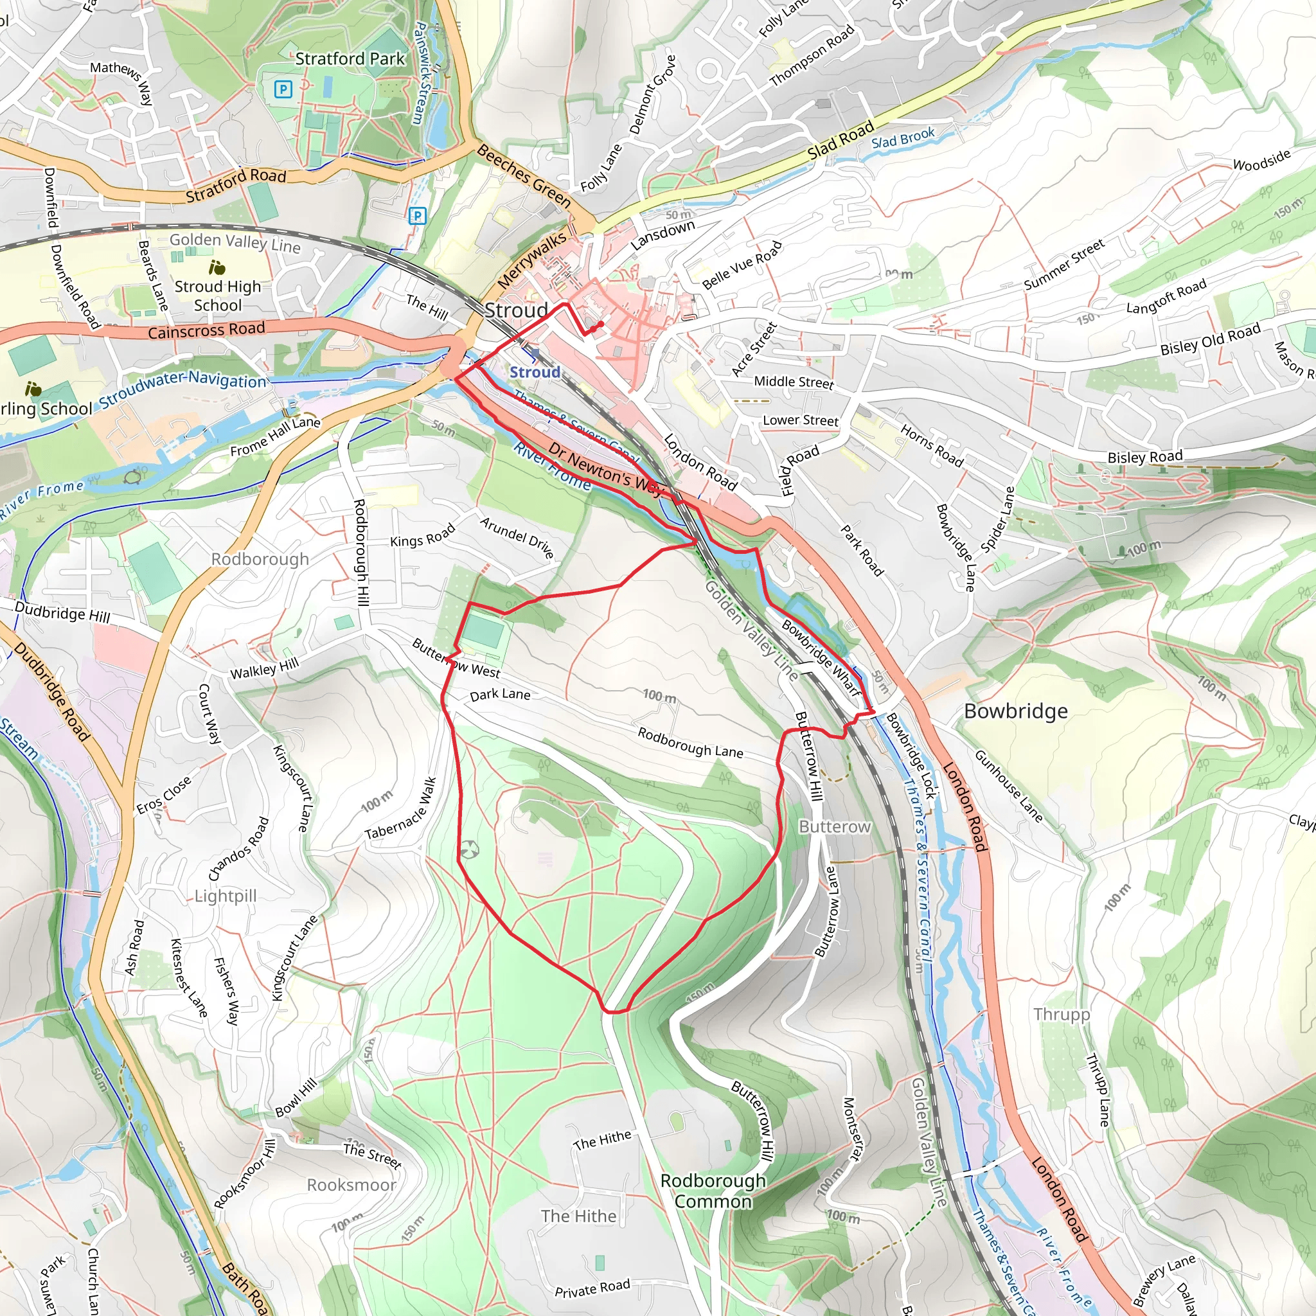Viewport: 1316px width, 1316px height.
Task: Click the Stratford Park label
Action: click(350, 59)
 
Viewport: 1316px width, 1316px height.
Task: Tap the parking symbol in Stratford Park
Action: click(283, 89)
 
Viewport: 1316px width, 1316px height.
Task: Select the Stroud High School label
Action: click(217, 296)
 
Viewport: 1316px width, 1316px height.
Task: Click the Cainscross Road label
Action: click(206, 330)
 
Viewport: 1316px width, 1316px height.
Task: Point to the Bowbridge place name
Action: click(1016, 711)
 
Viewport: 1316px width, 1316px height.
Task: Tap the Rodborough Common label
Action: click(713, 1191)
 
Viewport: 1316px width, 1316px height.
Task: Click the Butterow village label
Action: click(835, 827)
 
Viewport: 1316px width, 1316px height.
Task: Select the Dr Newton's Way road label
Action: click(605, 470)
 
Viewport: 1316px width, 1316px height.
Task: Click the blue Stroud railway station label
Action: click(535, 372)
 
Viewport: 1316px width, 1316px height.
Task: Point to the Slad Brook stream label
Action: click(903, 138)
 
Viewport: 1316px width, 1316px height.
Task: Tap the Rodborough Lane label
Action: click(690, 742)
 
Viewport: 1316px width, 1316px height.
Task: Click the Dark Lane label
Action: click(500, 694)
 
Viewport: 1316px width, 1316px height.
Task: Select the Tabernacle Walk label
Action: click(400, 808)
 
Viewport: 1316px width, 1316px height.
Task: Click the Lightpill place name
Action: click(226, 896)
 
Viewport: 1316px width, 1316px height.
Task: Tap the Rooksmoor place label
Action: click(351, 1184)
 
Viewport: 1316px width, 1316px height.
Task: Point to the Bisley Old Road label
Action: click(1211, 339)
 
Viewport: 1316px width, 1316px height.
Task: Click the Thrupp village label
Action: click(1062, 1014)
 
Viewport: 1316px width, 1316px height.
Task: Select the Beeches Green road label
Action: click(523, 175)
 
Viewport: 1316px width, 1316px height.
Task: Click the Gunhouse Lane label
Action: click(1008, 786)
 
